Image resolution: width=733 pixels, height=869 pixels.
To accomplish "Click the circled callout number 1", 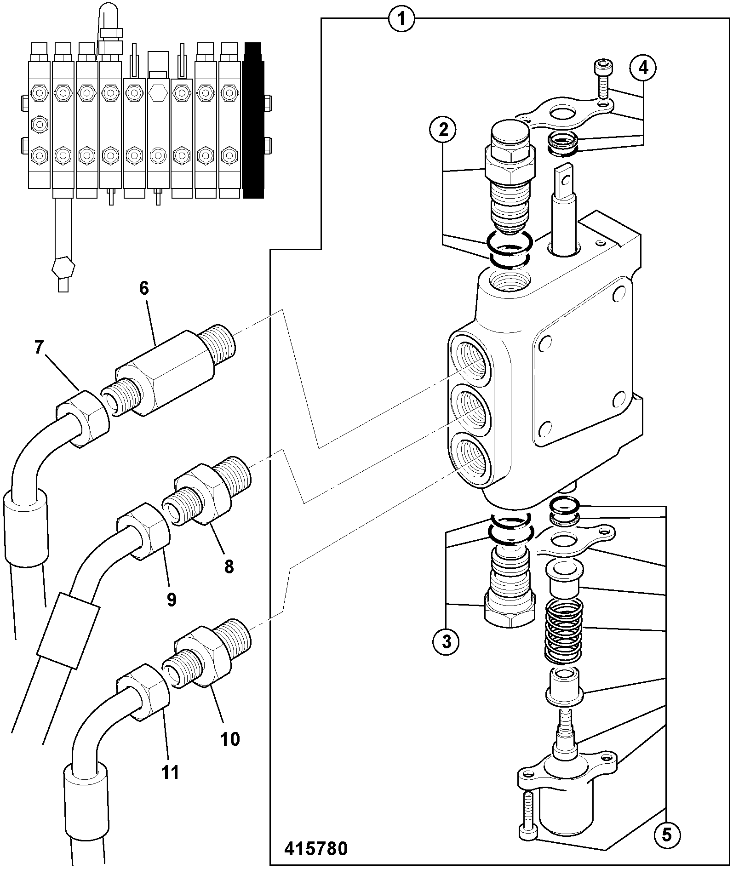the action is coord(401,19).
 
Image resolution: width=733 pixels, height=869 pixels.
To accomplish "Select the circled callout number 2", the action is coord(443,130).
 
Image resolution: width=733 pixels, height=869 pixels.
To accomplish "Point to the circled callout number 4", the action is coord(643,68).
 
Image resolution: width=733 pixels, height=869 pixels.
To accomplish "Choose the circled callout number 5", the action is coord(666,835).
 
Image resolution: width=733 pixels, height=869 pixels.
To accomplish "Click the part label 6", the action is coord(144,288).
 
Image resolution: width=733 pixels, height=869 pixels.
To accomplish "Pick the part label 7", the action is coord(40,348).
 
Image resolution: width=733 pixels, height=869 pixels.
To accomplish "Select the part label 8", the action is coord(229,566).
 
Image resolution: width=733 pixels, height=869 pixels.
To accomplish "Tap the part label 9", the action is coord(172,599).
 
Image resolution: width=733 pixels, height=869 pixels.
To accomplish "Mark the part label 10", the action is coord(230,739).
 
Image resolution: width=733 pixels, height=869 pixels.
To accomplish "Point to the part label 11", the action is coord(170,772).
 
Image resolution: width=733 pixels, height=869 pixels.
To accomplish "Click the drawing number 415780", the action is coord(316,848).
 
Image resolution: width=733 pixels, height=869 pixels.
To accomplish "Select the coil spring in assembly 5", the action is coord(563,633).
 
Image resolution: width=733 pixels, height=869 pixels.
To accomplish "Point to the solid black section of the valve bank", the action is coord(253,120).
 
